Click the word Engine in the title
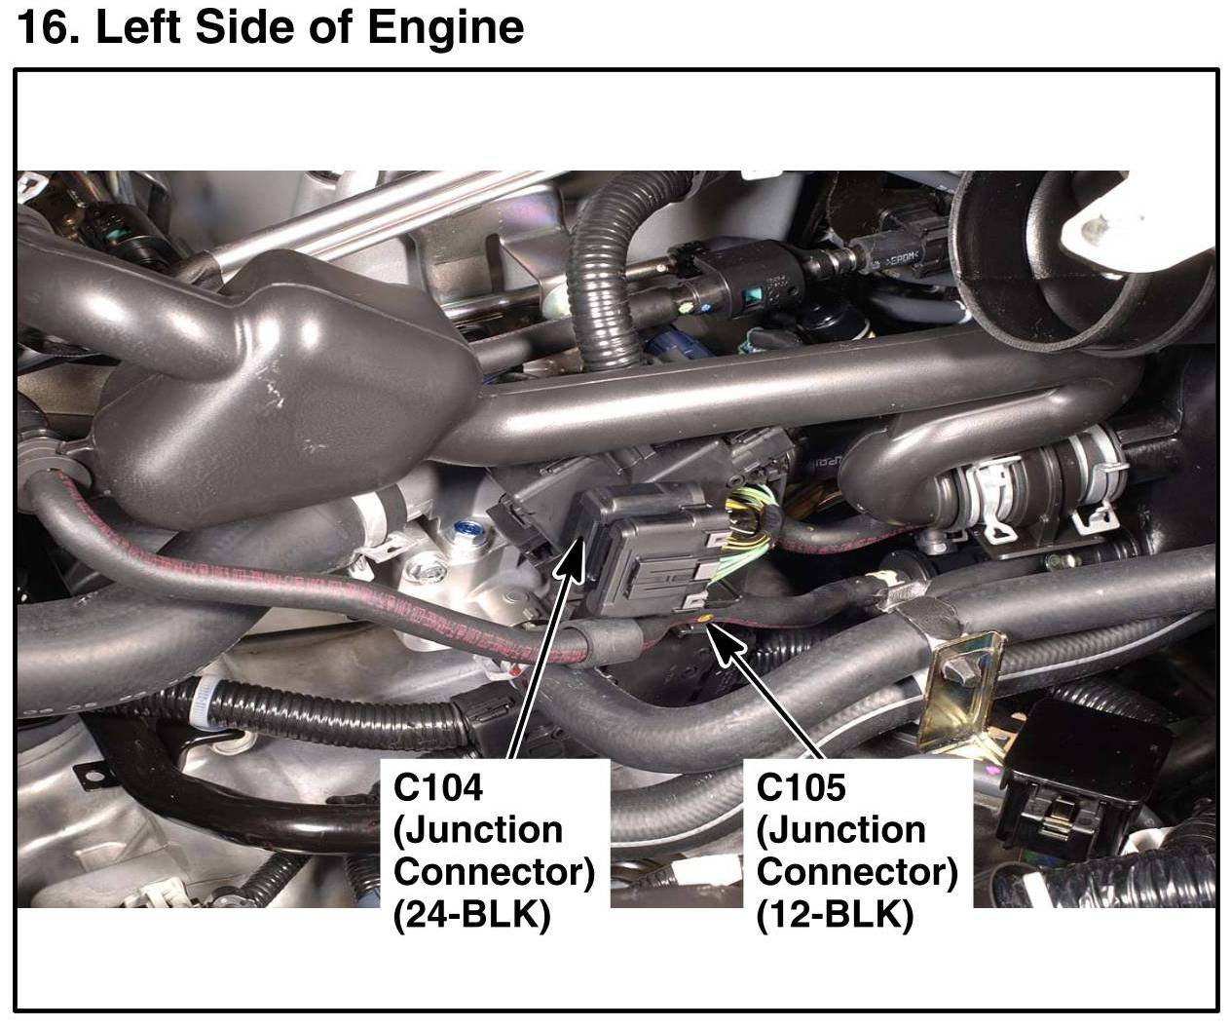point(445,27)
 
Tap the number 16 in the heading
point(44,27)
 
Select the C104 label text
point(438,787)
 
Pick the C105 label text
point(802,787)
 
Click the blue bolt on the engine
point(463,533)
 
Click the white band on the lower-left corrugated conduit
point(205,696)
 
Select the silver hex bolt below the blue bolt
point(425,565)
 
